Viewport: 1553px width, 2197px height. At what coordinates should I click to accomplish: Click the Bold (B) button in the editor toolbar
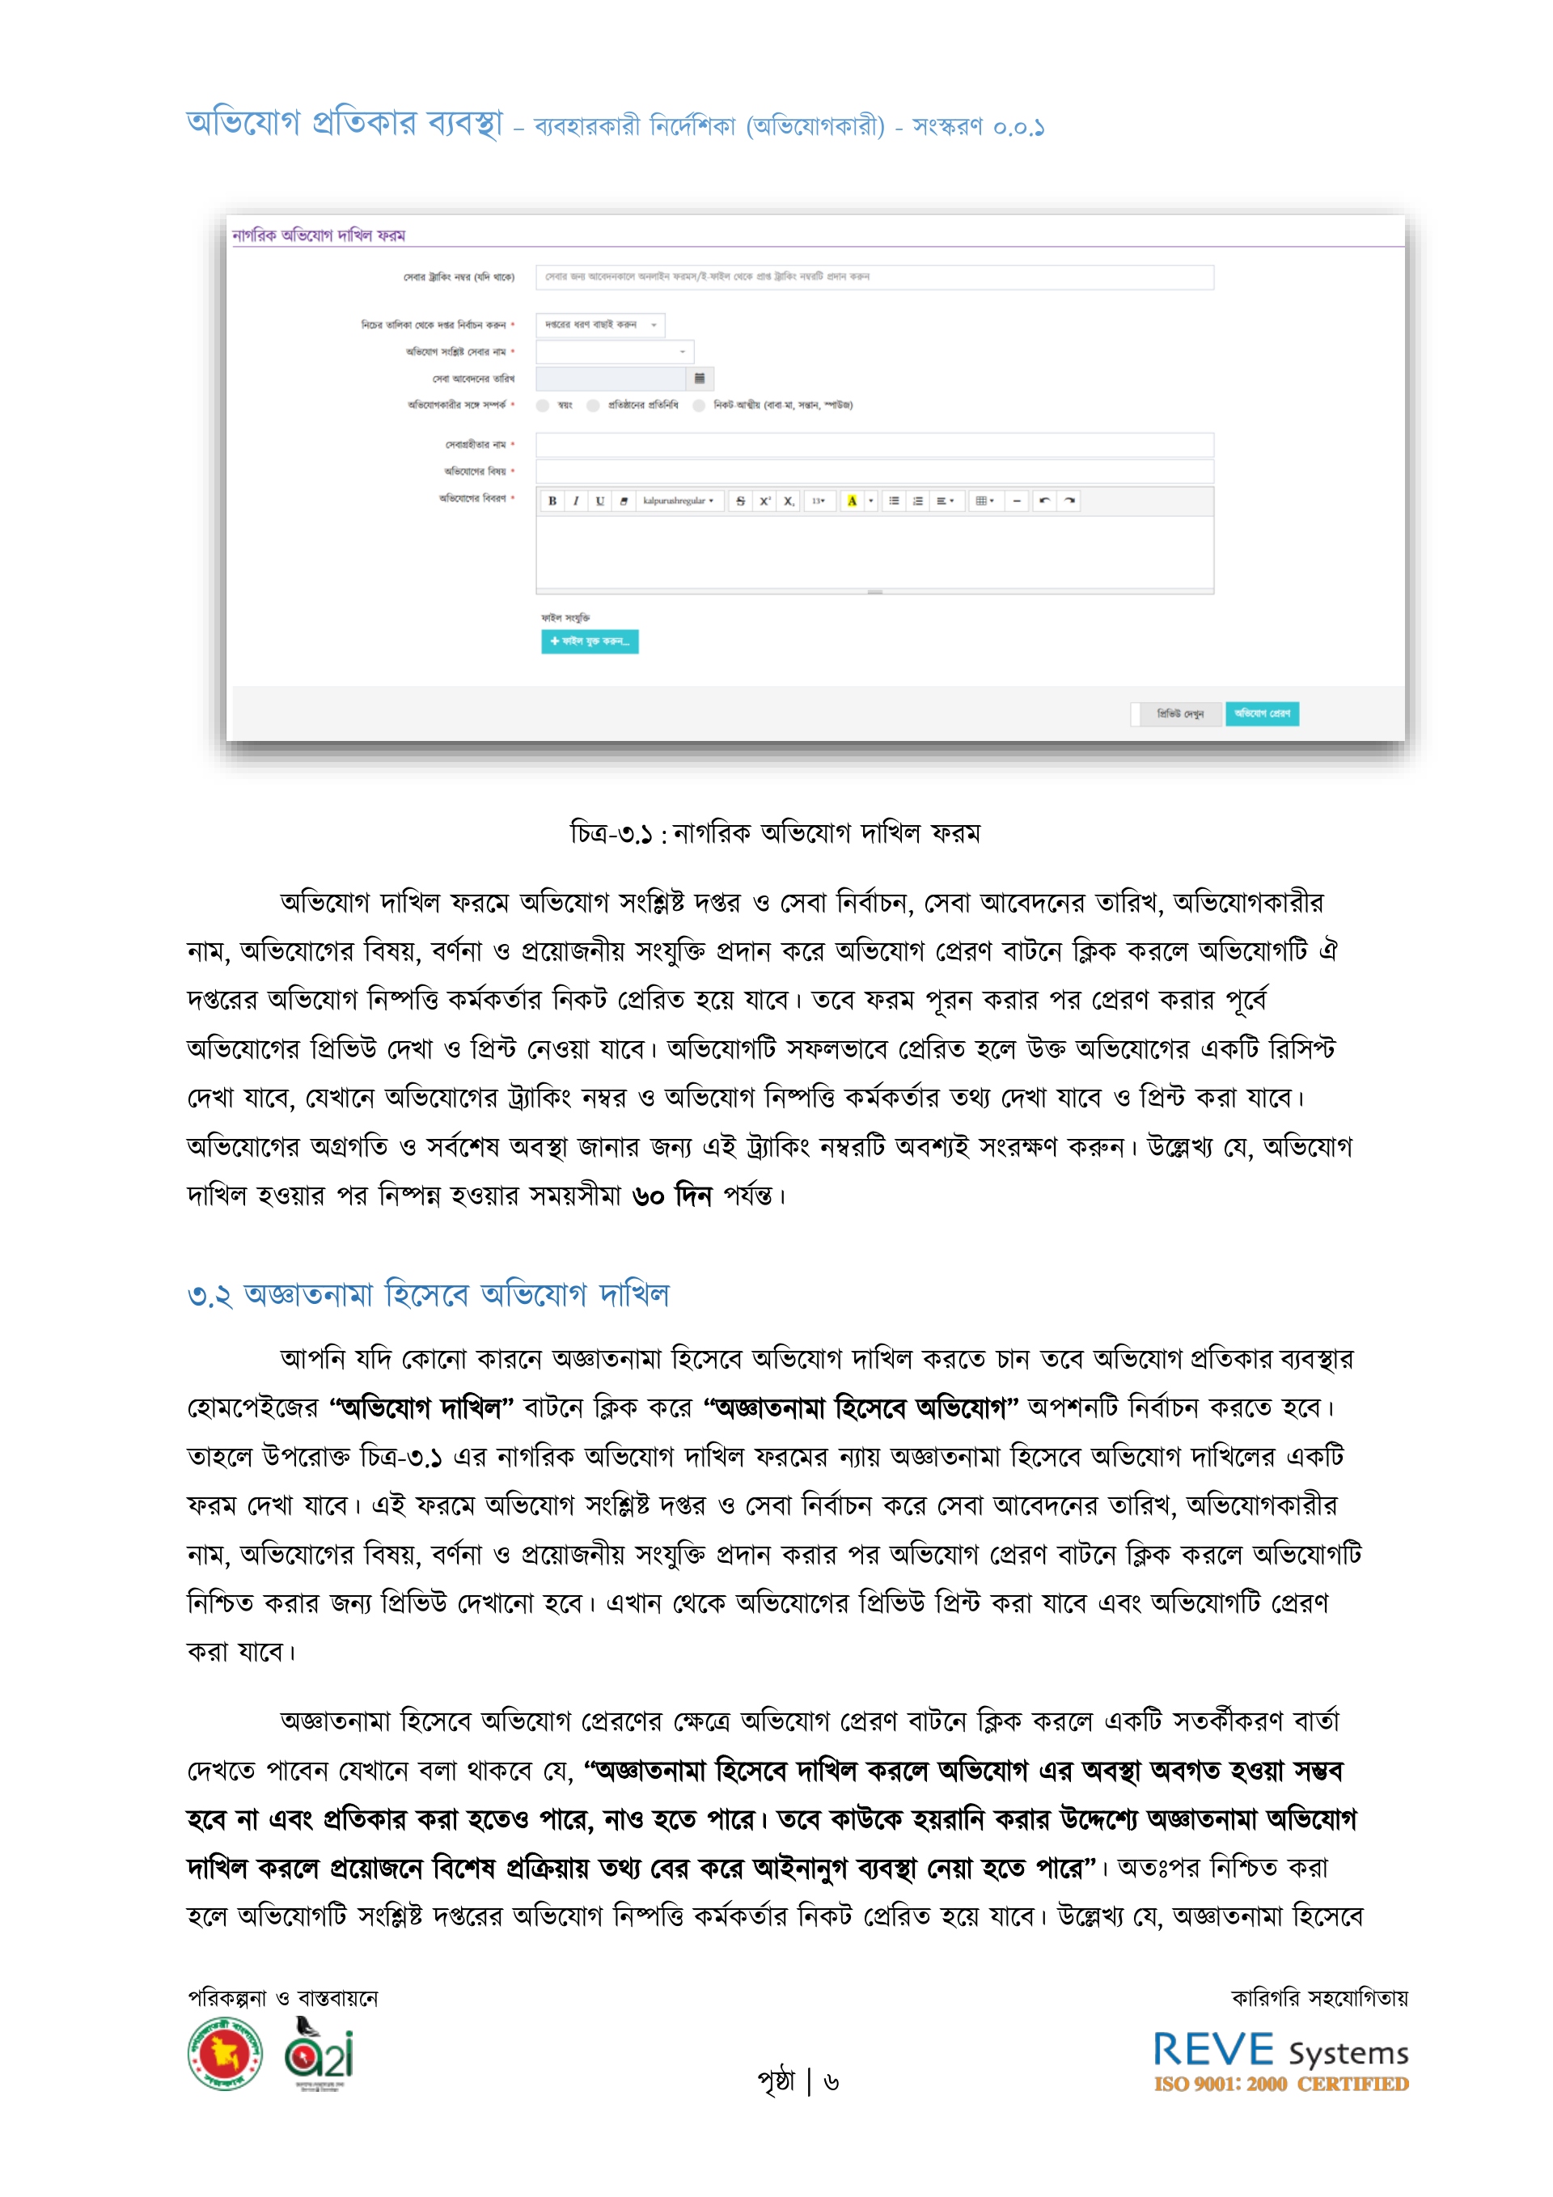(x=552, y=501)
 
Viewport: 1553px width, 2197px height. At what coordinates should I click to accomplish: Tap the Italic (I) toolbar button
(x=576, y=501)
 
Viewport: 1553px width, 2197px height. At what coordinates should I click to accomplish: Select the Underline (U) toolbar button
(x=600, y=501)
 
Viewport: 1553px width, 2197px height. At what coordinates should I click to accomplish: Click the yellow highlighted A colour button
(x=852, y=501)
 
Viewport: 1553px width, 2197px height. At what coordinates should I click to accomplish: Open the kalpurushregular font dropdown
(x=678, y=501)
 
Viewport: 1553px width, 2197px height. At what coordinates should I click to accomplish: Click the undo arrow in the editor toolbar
(x=1045, y=501)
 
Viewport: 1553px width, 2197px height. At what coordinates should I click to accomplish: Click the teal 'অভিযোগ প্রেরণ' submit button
(x=1262, y=713)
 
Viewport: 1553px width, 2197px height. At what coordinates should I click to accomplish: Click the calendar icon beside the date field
(x=700, y=378)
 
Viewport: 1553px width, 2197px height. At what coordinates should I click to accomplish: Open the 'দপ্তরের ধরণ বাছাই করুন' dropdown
(x=600, y=324)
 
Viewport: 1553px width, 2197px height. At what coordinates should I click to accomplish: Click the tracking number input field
(x=874, y=277)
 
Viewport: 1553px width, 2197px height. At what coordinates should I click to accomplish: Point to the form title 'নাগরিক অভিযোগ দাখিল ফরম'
(x=319, y=235)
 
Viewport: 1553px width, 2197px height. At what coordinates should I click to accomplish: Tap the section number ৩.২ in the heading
(x=209, y=1297)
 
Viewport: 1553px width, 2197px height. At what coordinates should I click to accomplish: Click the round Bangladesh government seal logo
(x=225, y=2054)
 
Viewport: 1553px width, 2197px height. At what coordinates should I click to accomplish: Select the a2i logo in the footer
(x=319, y=2055)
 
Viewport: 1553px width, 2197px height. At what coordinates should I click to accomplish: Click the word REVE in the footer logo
(x=1212, y=2051)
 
